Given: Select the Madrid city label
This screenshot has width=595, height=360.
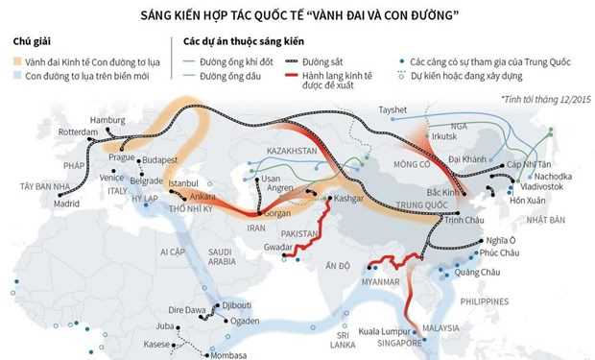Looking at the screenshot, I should pos(67,204).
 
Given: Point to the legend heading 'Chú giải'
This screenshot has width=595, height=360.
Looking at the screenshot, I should pos(33,43).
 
